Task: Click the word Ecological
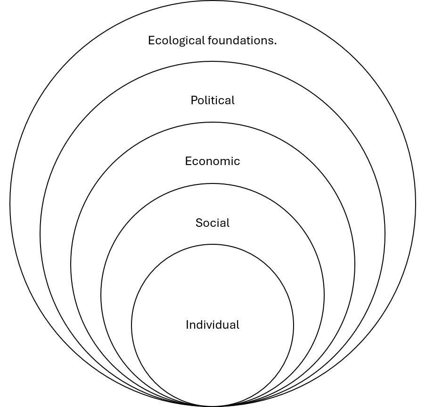tap(176, 41)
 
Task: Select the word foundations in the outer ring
tap(240, 40)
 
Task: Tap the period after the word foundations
tap(275, 44)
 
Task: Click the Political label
tap(213, 100)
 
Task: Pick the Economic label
tap(213, 161)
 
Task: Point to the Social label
tap(213, 223)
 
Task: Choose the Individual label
tap(213, 325)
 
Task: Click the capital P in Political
tap(194, 100)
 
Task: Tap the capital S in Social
tap(199, 223)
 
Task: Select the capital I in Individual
tap(187, 325)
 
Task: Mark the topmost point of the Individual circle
tap(213, 244)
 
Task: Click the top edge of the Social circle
tap(213, 183)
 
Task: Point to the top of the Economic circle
tap(213, 122)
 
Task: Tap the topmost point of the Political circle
tap(213, 61)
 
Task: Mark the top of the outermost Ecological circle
tap(213, 0)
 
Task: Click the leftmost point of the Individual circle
tap(131, 325)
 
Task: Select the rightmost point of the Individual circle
tap(294, 325)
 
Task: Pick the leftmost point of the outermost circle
tap(10, 203)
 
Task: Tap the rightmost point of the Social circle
tap(324, 295)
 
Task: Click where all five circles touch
tap(213, 406)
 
